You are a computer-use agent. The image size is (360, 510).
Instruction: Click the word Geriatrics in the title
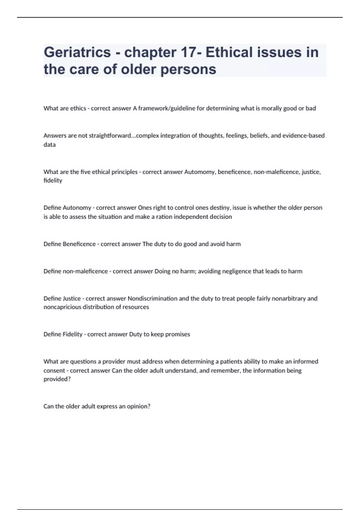click(77, 52)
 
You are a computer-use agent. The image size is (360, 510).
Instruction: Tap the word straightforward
click(110, 136)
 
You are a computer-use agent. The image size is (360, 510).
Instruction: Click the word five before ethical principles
click(85, 172)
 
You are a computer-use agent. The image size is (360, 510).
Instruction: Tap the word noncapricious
click(62, 307)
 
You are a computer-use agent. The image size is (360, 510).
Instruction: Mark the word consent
click(54, 370)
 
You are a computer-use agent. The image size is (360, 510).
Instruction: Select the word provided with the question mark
click(57, 379)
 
